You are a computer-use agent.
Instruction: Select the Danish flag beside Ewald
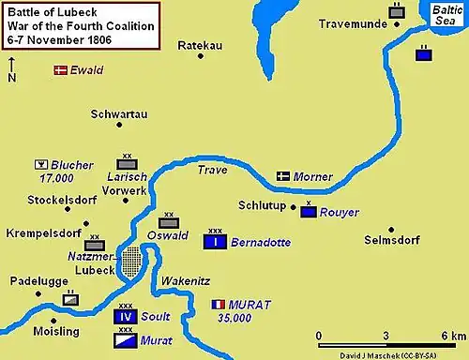[61, 70]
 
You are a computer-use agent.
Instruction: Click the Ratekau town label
[198, 42]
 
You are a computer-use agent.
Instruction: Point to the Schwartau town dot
[119, 125]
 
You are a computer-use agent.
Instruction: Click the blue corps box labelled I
[215, 242]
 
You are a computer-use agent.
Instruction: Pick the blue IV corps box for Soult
[126, 317]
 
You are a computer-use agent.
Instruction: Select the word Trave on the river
[212, 171]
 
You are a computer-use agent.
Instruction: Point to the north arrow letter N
[11, 78]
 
